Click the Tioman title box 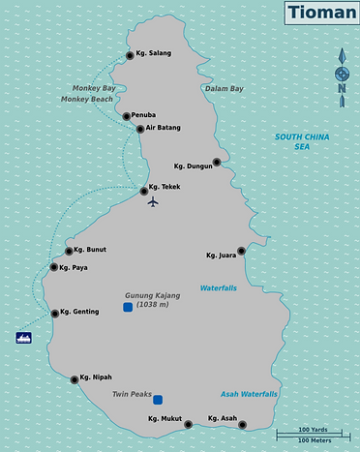[x=319, y=15]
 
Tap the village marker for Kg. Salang [x=130, y=55]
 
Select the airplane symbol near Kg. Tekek [x=152, y=201]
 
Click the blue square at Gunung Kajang [x=128, y=308]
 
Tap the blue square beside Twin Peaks [x=158, y=399]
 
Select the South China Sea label [x=301, y=141]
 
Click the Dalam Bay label [x=224, y=89]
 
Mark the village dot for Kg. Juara [x=241, y=251]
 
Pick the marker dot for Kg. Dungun [x=217, y=163]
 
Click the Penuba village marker [x=127, y=116]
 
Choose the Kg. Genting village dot [x=55, y=313]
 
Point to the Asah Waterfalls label [x=249, y=395]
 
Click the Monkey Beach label [x=86, y=100]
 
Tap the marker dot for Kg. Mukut [x=188, y=424]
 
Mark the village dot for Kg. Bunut [x=69, y=251]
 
